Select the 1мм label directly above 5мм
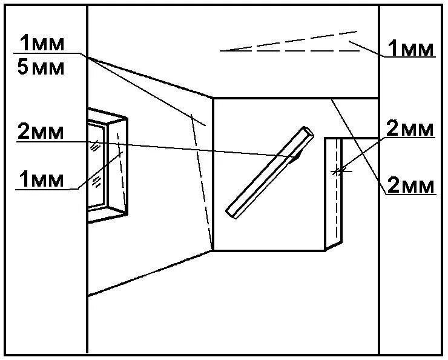[41, 44]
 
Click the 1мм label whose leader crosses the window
[41, 179]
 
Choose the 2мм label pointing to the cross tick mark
[410, 128]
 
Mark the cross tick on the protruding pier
[340, 172]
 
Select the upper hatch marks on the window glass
[95, 145]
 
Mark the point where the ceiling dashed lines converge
[222, 51]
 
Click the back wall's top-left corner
[213, 98]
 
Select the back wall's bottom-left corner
[213, 250]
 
